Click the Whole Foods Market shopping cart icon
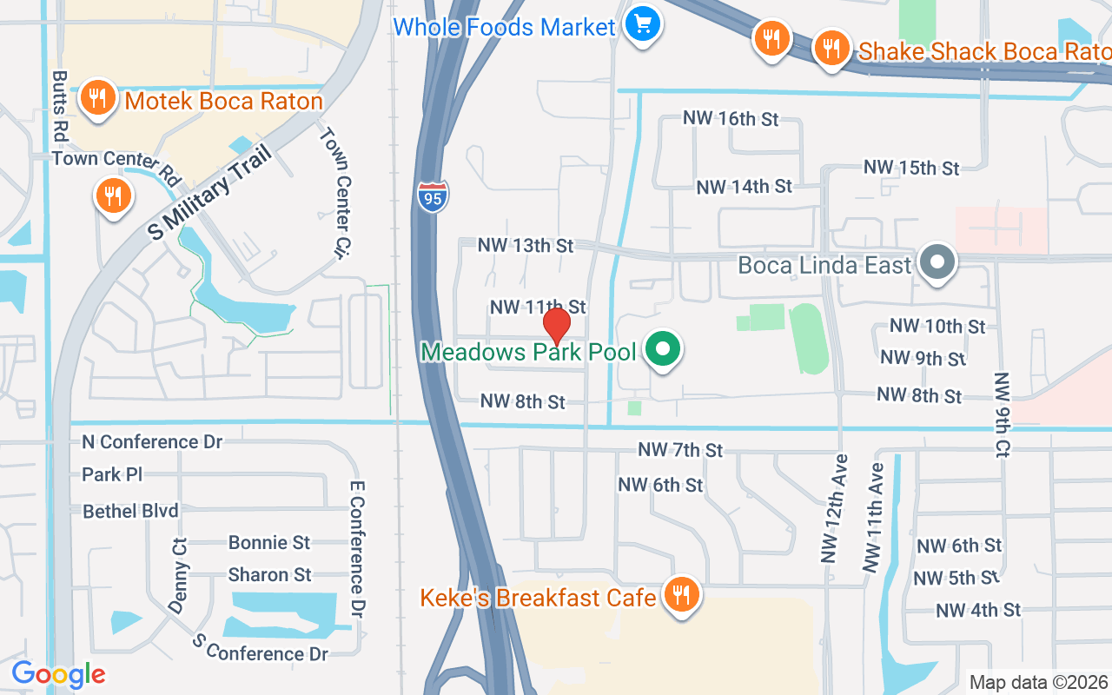point(642,23)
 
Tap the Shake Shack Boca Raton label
point(983,52)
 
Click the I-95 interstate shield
point(433,197)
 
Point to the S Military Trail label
point(209,193)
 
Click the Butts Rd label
point(60,106)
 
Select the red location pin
point(556,326)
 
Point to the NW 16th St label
point(731,119)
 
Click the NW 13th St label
point(526,246)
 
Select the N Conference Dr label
point(152,442)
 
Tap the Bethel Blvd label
point(130,511)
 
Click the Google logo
point(58,674)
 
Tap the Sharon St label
point(269,575)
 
